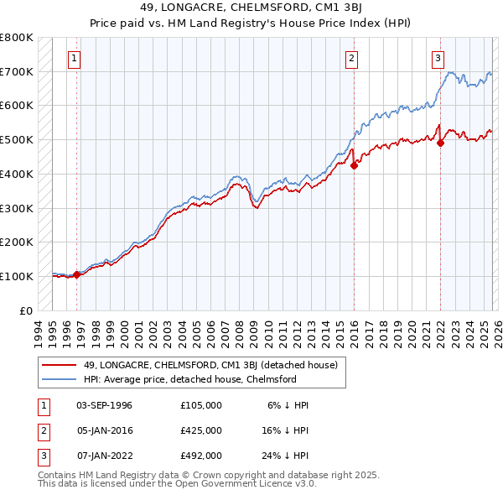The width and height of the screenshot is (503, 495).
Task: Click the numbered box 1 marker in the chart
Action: pos(75,59)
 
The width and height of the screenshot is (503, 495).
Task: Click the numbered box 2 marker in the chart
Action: pos(351,59)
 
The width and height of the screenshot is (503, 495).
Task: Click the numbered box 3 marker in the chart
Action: pos(438,59)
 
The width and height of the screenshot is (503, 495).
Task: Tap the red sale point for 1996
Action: pos(76,274)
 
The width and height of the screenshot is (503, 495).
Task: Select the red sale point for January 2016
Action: pos(354,165)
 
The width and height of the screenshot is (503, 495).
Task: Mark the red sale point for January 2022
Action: pos(440,143)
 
